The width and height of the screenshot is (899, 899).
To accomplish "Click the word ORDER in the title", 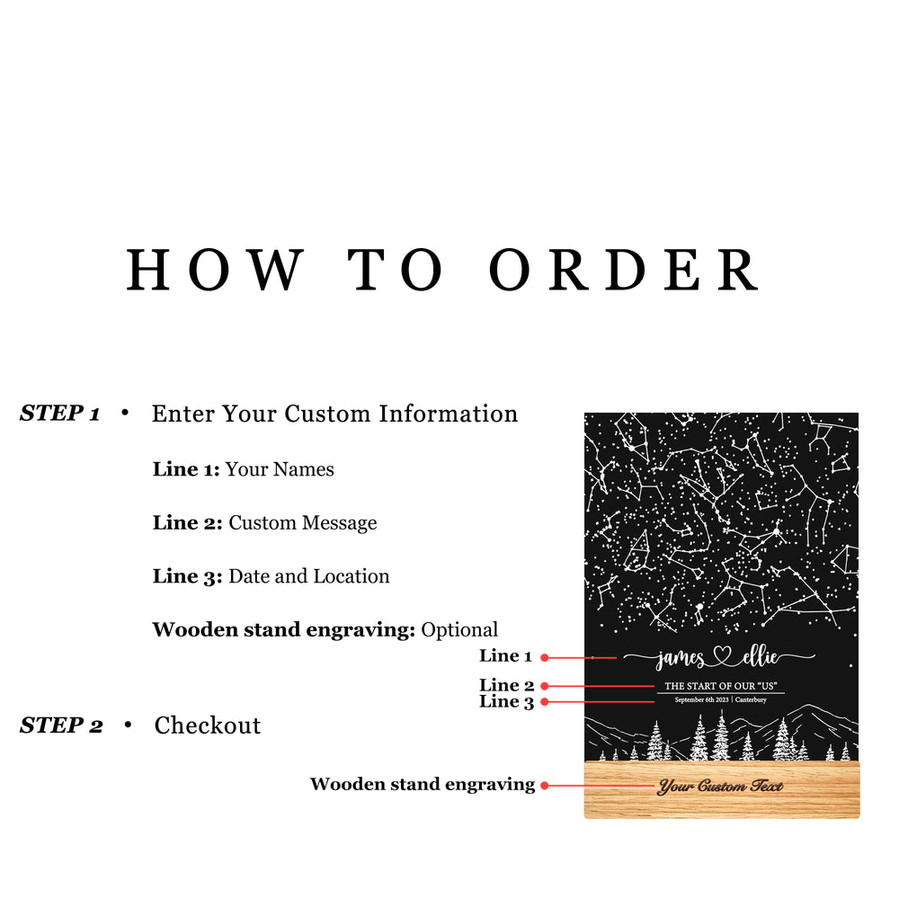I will tap(625, 269).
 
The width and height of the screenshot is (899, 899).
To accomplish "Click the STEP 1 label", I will tap(59, 414).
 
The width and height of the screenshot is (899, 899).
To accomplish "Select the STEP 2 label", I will tap(61, 725).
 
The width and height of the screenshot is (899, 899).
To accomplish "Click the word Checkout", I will tap(208, 725).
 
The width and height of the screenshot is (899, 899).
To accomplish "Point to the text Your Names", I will tap(280, 469).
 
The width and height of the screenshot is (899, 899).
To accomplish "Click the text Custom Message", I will tap(303, 523).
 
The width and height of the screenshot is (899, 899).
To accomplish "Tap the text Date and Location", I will tap(309, 576).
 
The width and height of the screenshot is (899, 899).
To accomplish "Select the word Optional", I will tap(459, 629).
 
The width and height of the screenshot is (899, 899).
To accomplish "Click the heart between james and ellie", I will tap(720, 658).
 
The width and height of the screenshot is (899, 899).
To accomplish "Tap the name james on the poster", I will tap(681, 659).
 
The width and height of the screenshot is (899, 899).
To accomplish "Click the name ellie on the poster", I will tap(759, 658).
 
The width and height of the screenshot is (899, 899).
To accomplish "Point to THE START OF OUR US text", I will tap(720, 686).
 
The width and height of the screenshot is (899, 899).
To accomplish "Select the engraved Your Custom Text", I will tap(720, 787).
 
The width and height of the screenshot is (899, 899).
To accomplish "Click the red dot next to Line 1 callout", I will tap(545, 658).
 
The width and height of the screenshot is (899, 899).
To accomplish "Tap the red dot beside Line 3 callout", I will tap(545, 701).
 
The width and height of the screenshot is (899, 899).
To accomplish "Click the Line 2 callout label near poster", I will tap(506, 685).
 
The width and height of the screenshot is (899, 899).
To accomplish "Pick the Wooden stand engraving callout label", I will tap(423, 785).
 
